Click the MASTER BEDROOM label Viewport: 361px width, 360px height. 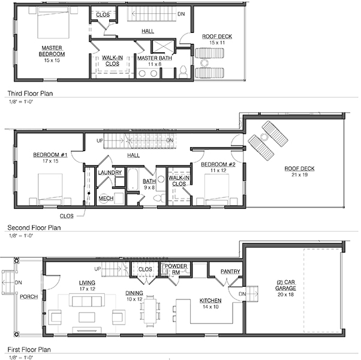[x=52, y=51]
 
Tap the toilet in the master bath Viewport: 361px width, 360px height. [x=183, y=71]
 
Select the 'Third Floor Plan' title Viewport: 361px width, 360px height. [x=30, y=94]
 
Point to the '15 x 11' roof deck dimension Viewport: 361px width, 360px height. [x=217, y=43]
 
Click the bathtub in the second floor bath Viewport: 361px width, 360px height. [x=133, y=179]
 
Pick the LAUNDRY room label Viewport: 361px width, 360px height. [x=110, y=173]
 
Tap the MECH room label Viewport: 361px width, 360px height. [x=106, y=199]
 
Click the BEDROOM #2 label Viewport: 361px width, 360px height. [x=218, y=164]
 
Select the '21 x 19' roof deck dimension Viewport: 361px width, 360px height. [x=299, y=175]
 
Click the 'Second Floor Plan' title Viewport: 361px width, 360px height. [x=34, y=228]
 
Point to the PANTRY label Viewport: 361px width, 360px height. [x=230, y=272]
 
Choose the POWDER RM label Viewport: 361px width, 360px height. [x=176, y=269]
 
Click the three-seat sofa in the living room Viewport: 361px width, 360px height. [x=87, y=300]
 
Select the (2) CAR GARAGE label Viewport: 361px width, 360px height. [x=285, y=285]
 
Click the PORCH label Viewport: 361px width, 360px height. [x=29, y=297]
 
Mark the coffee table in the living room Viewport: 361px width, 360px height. [x=87, y=317]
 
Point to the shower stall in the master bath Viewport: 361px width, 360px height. [x=163, y=46]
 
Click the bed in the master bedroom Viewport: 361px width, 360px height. [x=53, y=22]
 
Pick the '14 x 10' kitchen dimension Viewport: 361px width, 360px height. [x=210, y=307]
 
